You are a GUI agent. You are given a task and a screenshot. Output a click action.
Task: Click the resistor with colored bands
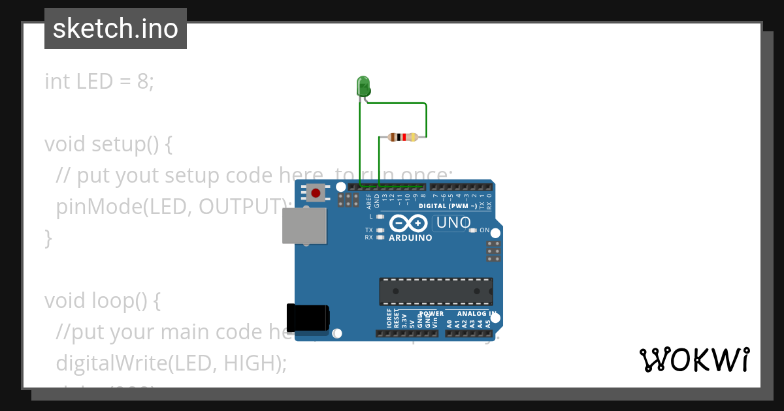click(402, 137)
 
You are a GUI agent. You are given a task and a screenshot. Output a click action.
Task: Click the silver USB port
click(304, 226)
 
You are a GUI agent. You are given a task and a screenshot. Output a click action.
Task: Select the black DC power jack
click(308, 318)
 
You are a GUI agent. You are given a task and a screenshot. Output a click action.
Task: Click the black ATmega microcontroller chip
click(436, 291)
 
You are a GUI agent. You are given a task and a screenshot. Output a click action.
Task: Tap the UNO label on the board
click(453, 223)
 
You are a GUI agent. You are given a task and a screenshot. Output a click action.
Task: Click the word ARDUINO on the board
click(410, 238)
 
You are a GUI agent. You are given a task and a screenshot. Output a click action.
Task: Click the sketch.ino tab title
click(116, 29)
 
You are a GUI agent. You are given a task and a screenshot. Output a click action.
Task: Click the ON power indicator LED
click(472, 230)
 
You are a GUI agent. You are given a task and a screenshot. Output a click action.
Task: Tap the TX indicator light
click(380, 230)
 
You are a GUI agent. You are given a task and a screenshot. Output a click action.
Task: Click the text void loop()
click(102, 301)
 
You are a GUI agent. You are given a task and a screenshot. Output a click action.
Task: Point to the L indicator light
click(380, 216)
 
